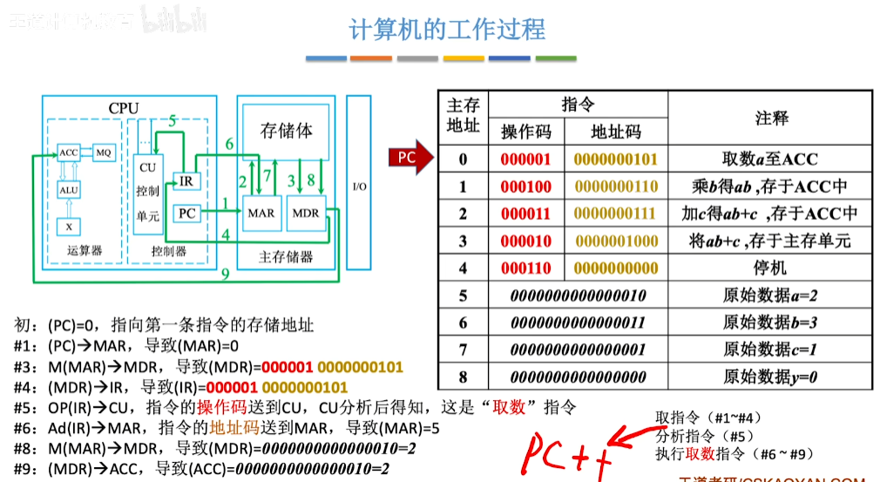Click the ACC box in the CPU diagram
[x=69, y=153]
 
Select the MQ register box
[x=104, y=153]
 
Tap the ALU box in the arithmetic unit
[x=69, y=190]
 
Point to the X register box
[x=69, y=227]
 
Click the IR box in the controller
[x=186, y=180]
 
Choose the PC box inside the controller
[x=186, y=213]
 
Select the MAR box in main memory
[x=261, y=213]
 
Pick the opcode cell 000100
[x=525, y=187]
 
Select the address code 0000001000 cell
[x=616, y=241]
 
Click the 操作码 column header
[x=525, y=132]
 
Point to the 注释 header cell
[x=770, y=118]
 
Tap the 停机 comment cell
[x=770, y=268]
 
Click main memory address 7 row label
[x=463, y=350]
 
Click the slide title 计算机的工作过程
[x=447, y=31]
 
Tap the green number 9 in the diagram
[x=225, y=275]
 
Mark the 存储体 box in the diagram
[x=286, y=131]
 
